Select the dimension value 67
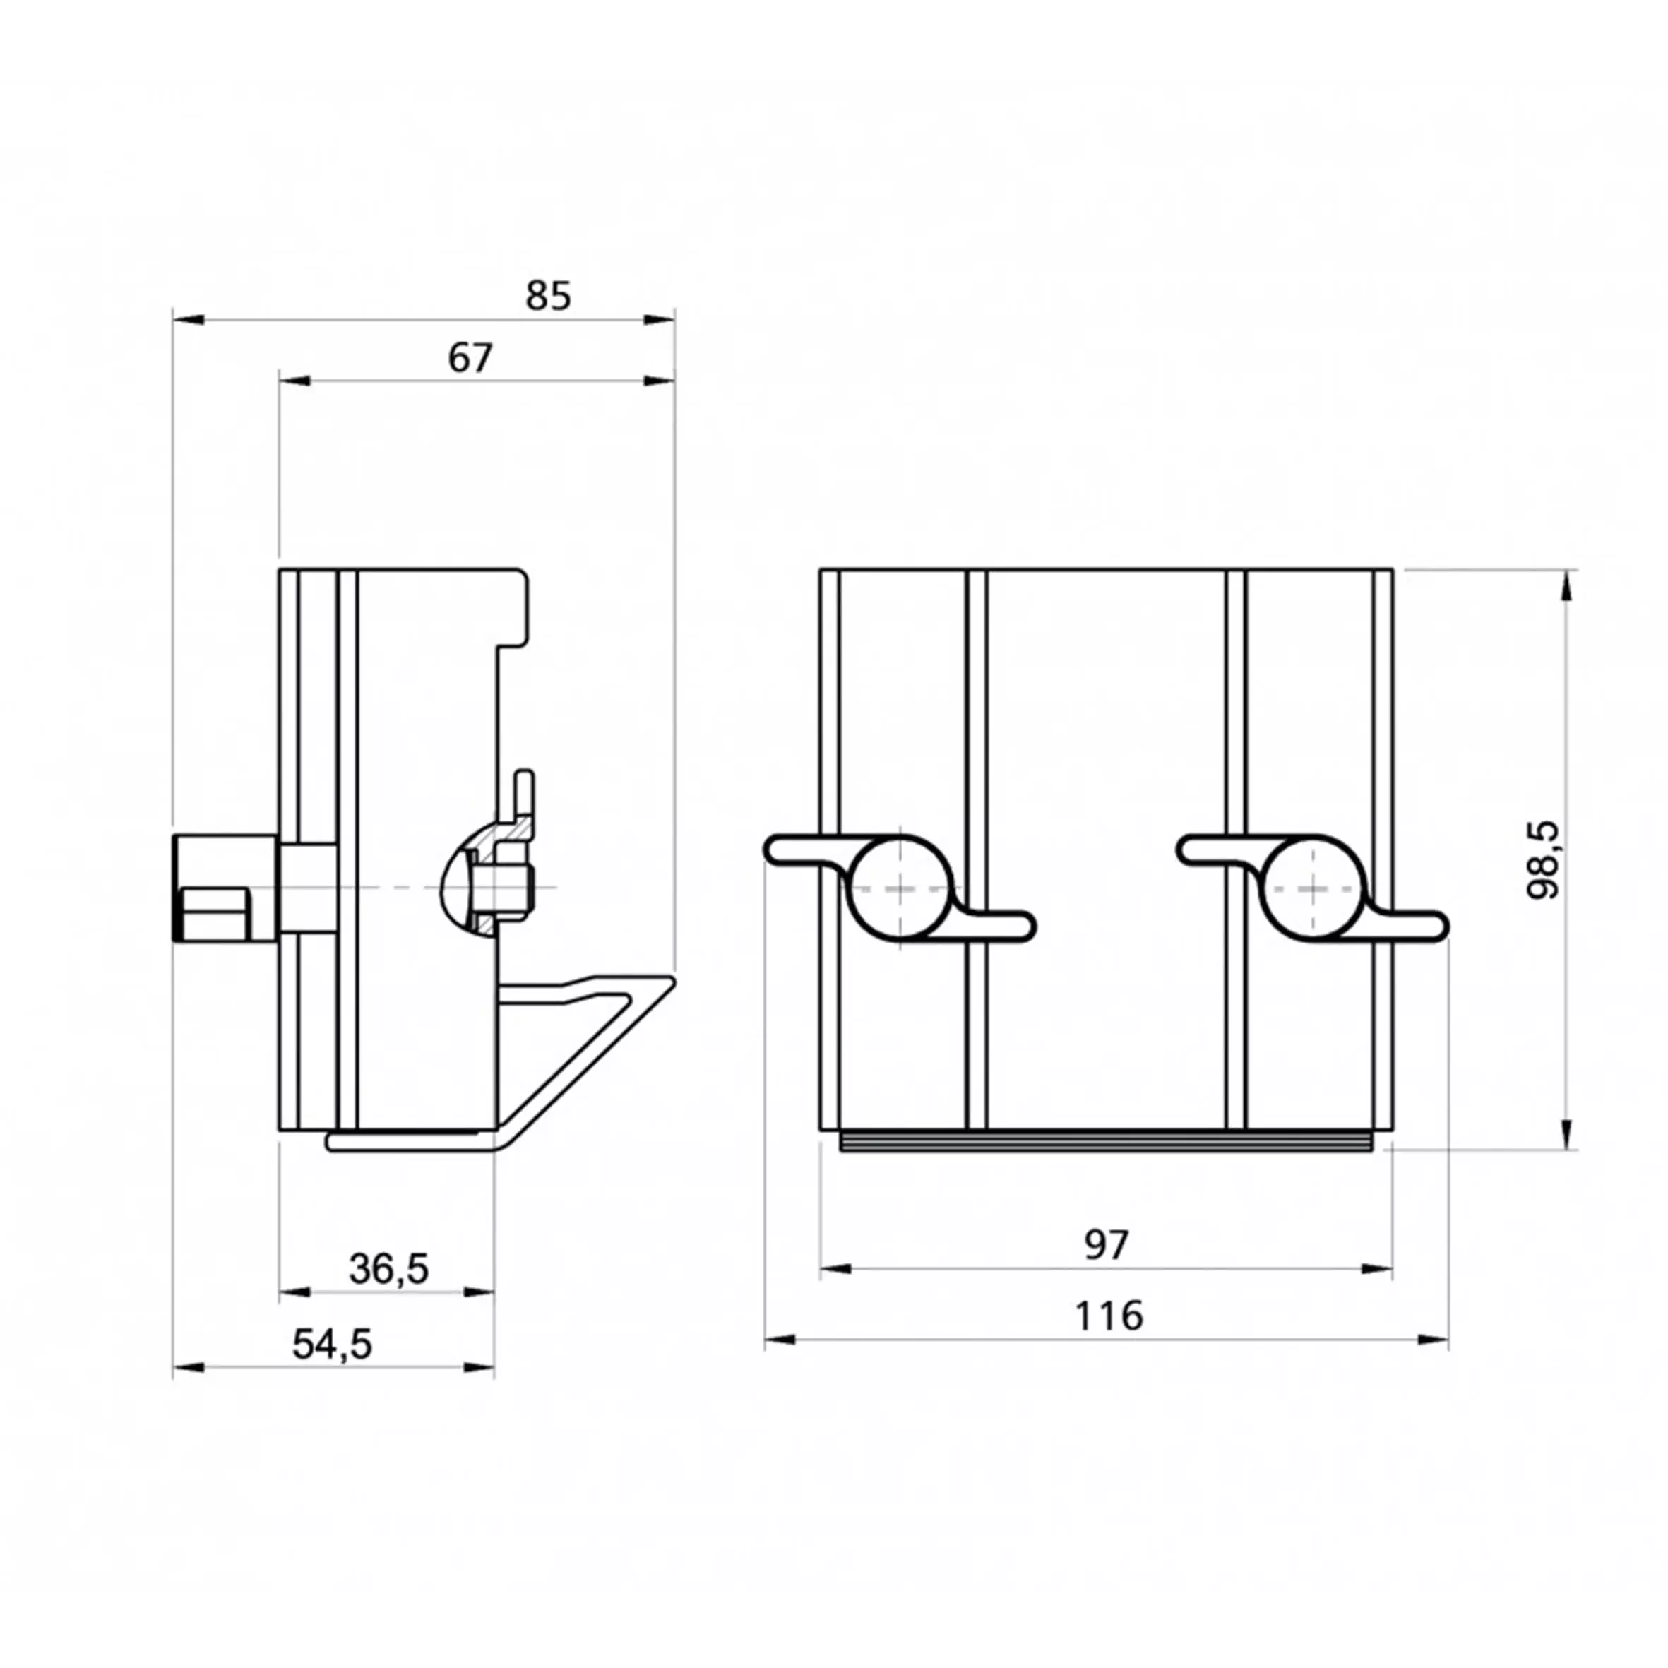470,358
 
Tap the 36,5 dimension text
388,1269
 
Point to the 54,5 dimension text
333,1345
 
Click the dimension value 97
1106,1245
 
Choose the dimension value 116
1109,1316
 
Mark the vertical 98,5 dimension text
1544,861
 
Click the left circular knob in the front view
900,887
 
